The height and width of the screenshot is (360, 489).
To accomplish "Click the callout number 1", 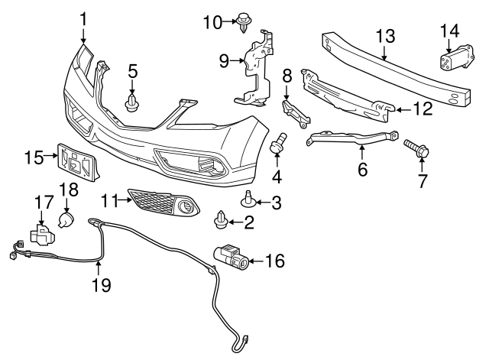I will [83, 17].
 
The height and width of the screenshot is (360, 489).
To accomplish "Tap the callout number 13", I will [385, 35].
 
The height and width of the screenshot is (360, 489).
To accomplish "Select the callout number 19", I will [101, 285].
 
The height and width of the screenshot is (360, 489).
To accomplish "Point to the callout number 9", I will [224, 59].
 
